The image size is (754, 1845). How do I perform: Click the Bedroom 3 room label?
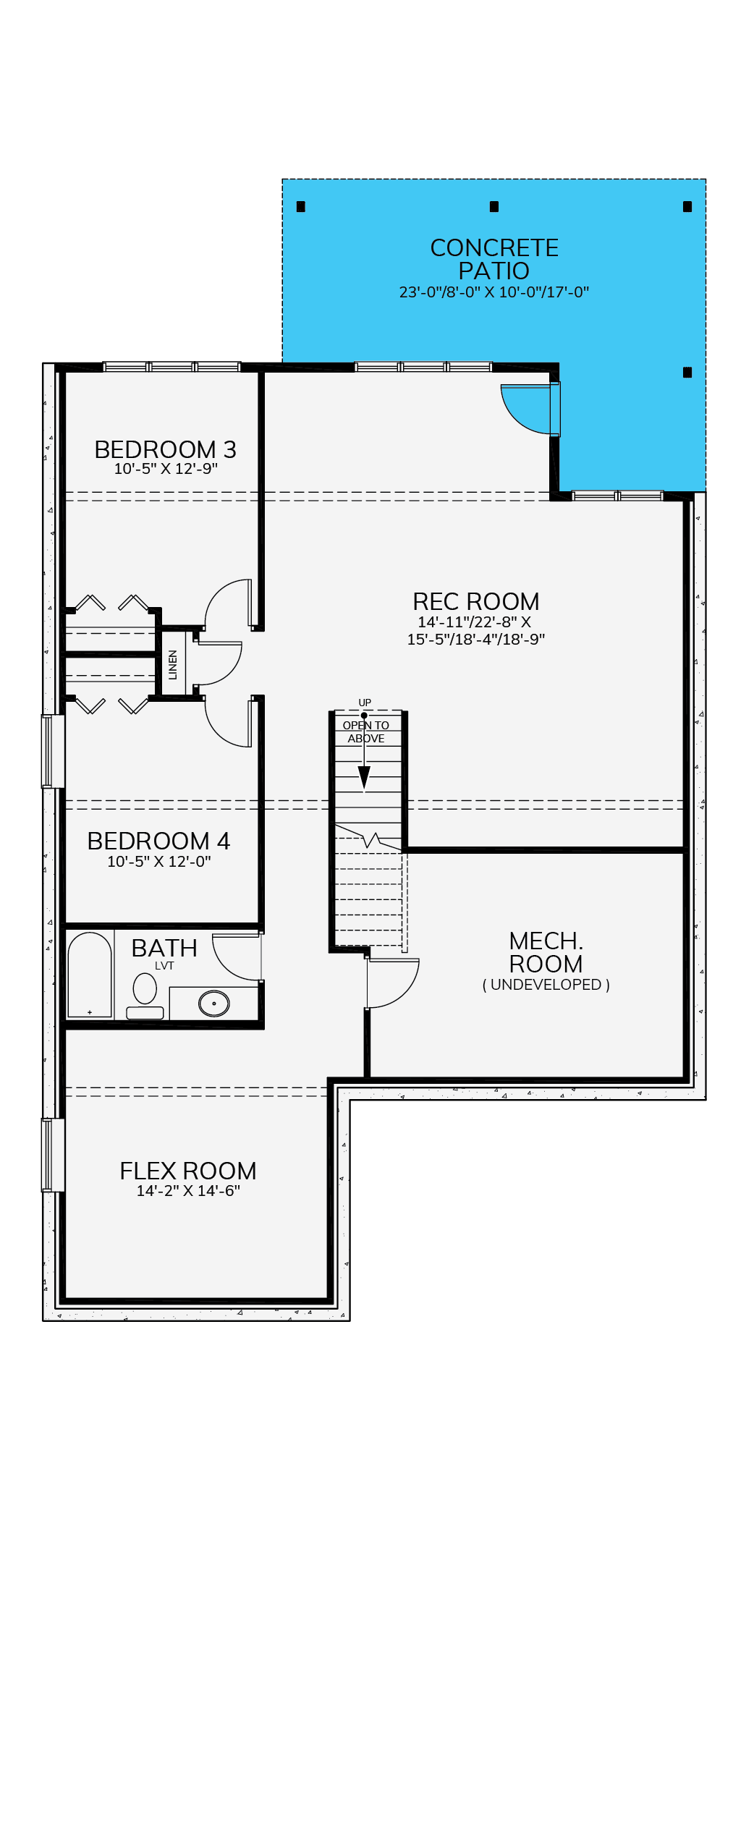coord(165,449)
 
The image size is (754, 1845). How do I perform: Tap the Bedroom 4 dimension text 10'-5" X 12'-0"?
coord(159,861)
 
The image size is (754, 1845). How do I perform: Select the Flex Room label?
coord(188,1171)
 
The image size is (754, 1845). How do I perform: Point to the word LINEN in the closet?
coord(173,665)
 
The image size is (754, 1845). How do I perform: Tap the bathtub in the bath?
coord(90,975)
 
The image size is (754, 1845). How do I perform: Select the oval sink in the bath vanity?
coord(214,1004)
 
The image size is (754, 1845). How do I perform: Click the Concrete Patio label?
coord(494,259)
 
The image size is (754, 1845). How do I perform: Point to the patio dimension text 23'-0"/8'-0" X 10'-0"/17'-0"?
coord(494,292)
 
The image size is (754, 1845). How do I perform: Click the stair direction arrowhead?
coord(365,778)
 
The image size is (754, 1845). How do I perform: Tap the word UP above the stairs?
coord(365,703)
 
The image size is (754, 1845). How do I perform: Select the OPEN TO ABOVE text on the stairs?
coord(366,731)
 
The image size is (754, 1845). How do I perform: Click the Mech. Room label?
coord(546,952)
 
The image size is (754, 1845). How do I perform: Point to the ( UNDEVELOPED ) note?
coord(546,985)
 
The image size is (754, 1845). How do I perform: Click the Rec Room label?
coord(476,601)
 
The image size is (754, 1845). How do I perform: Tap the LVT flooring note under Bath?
coord(164,966)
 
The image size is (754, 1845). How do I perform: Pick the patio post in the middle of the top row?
coord(494,207)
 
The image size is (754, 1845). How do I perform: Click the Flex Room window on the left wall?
coord(53,1155)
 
